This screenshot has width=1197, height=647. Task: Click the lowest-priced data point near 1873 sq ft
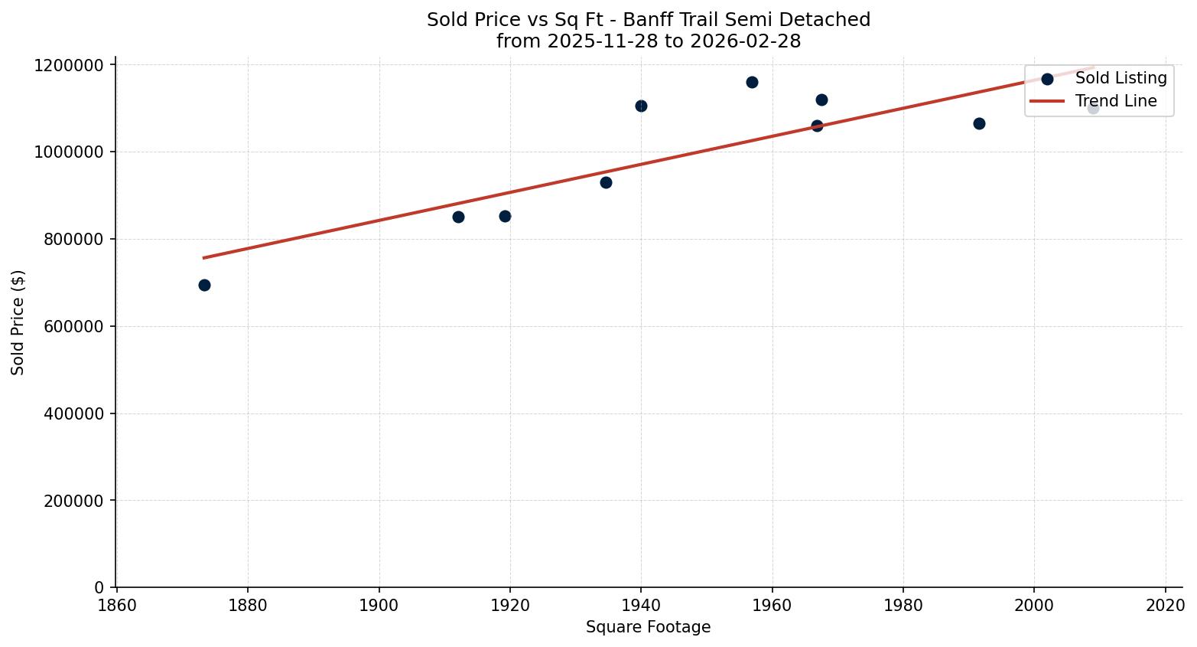tap(204, 285)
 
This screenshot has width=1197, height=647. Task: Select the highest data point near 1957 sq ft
tap(752, 82)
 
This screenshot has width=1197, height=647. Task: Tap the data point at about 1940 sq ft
tap(641, 106)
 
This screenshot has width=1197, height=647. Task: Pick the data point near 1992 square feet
tap(979, 123)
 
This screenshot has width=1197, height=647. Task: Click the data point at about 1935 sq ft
tap(606, 182)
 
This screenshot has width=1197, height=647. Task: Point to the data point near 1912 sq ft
tap(458, 217)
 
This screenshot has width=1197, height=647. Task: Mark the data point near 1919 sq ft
tap(505, 216)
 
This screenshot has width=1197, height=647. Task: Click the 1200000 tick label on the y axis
tap(69, 65)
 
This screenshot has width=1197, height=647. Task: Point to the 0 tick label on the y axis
tap(99, 588)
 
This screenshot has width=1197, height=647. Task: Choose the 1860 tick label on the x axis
tap(117, 604)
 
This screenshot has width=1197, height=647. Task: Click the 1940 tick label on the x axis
tap(641, 604)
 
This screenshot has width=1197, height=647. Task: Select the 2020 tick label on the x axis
tap(1165, 604)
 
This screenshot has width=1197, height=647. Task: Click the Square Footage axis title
tap(648, 628)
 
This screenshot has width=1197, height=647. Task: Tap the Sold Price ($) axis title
tap(18, 322)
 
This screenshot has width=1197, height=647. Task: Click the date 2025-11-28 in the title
tap(595, 41)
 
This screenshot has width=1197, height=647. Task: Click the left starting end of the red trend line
tap(203, 258)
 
